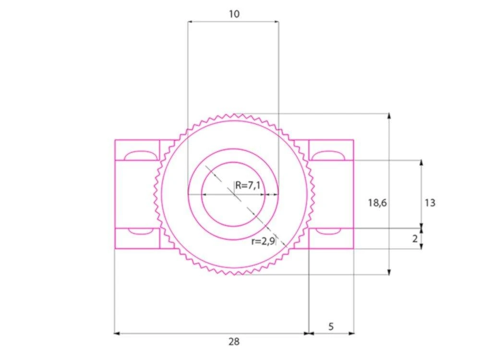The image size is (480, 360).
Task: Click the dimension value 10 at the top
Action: (x=234, y=14)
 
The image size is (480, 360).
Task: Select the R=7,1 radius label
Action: (x=248, y=185)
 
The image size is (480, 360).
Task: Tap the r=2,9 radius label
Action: (x=263, y=241)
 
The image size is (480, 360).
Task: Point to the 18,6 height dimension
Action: (x=377, y=203)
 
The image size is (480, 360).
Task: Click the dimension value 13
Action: (x=430, y=203)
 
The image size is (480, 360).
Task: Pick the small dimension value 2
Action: (x=415, y=239)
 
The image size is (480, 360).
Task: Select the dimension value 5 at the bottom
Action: (x=331, y=326)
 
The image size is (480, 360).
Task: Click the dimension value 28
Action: (x=234, y=341)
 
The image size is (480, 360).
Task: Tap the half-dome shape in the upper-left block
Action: (x=141, y=156)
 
